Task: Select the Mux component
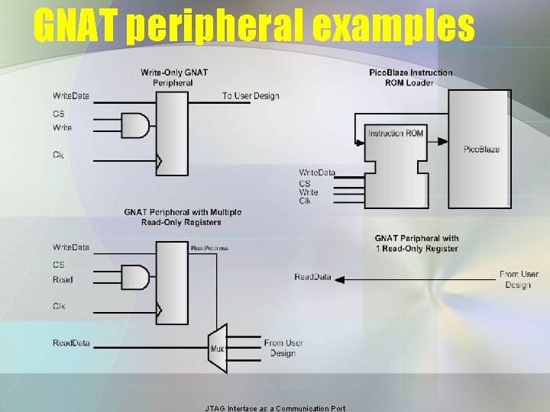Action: click(218, 349)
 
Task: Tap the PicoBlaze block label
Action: click(481, 149)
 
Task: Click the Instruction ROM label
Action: click(396, 134)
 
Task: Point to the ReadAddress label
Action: click(209, 248)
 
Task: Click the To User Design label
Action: click(251, 96)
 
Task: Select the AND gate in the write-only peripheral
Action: click(135, 126)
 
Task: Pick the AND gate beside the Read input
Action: click(135, 277)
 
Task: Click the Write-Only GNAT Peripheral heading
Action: click(174, 77)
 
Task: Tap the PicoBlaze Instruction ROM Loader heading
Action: click(410, 77)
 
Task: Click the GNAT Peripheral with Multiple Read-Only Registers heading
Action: click(183, 217)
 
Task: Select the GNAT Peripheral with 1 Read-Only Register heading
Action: click(416, 243)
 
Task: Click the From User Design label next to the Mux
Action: click(283, 348)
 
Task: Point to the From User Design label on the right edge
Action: click(519, 279)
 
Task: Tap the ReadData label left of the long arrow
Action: click(312, 276)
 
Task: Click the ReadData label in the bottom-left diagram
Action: click(71, 343)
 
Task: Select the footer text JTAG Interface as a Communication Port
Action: click(275, 408)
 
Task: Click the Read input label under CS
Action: click(63, 279)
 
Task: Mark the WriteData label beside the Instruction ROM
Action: click(316, 172)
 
